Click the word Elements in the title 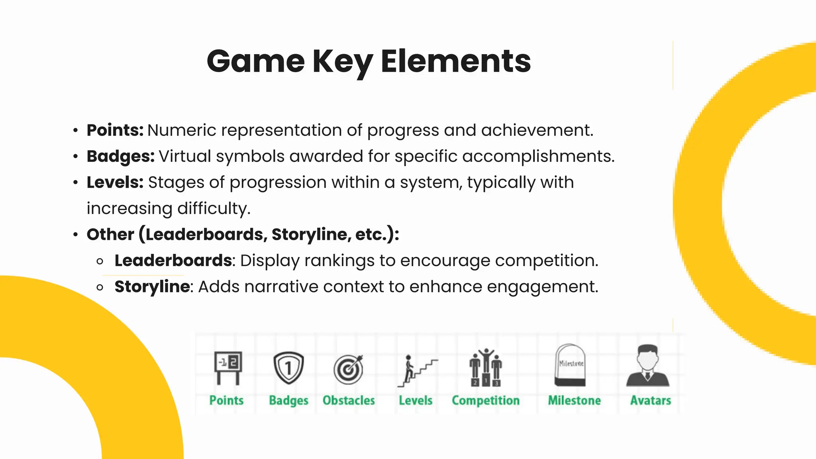pos(455,61)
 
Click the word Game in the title pos(255,61)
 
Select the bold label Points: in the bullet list pos(115,130)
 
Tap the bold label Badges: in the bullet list pos(120,156)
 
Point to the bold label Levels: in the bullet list pos(115,182)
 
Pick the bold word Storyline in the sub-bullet pos(152,286)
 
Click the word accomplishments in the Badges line pos(538,156)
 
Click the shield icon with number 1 pos(288,368)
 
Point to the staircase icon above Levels pos(416,371)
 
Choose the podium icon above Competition pos(485,368)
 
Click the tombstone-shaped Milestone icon pos(570,365)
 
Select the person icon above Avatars pos(648,366)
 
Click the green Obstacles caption pos(349,400)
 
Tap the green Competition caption pos(485,400)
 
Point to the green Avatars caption pos(650,400)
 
